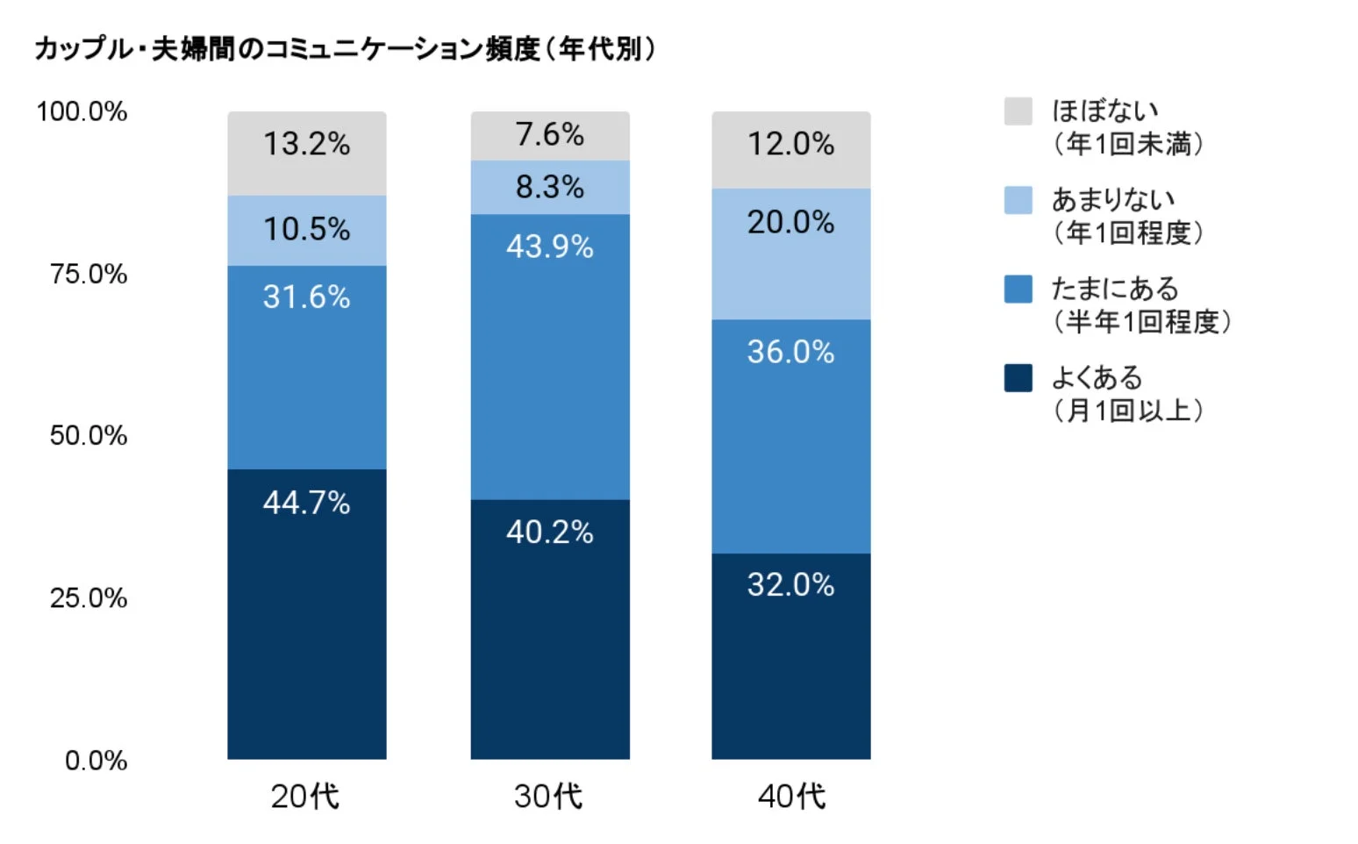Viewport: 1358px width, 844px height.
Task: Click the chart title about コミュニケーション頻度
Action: tap(345, 48)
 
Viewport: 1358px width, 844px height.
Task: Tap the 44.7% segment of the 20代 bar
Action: tap(306, 613)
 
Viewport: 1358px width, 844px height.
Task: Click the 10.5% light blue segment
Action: tap(306, 230)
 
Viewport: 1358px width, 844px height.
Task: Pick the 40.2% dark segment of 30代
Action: tap(549, 629)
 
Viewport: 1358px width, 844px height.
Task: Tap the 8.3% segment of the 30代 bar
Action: tap(549, 187)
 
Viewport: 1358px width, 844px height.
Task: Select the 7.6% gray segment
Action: tap(549, 135)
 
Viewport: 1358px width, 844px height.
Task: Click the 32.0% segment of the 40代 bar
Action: tap(790, 655)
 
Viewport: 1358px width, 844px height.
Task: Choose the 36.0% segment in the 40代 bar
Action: tap(790, 436)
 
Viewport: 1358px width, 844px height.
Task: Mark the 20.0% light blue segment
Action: tap(790, 254)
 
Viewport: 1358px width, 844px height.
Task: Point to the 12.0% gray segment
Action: tap(790, 149)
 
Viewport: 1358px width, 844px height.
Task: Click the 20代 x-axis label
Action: tap(304, 796)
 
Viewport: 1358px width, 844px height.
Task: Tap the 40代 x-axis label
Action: tap(791, 796)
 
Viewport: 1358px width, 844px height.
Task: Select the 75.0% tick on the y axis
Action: tap(89, 275)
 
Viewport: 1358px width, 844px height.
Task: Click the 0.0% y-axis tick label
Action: tap(96, 761)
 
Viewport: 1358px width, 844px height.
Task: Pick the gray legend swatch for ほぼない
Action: tap(1018, 111)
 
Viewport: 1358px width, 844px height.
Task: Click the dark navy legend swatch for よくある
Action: tap(1018, 378)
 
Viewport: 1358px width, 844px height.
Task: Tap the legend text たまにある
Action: tap(1115, 289)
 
